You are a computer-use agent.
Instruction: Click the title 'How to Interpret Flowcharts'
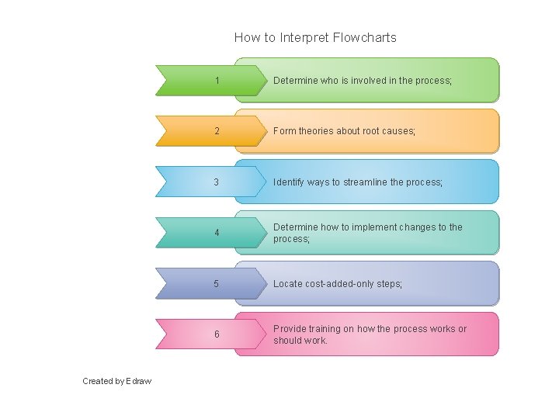click(315, 37)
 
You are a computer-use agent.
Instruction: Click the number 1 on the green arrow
click(217, 81)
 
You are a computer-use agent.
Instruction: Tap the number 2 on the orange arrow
click(217, 131)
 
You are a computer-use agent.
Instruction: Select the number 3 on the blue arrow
click(217, 182)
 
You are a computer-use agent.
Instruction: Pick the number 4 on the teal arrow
click(217, 234)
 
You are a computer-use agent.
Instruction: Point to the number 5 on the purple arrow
click(217, 284)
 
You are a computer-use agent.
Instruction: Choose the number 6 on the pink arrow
click(217, 334)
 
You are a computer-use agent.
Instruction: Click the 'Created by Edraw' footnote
click(117, 381)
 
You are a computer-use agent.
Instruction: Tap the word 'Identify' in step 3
click(289, 182)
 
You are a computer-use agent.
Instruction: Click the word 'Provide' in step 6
click(290, 329)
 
